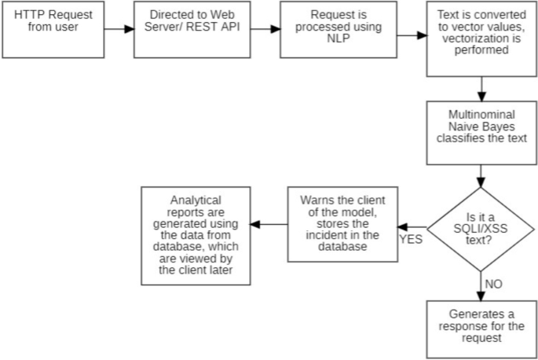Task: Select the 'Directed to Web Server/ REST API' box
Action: click(185, 30)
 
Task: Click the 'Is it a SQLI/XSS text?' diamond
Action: click(480, 227)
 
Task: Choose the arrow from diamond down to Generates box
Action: click(480, 283)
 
